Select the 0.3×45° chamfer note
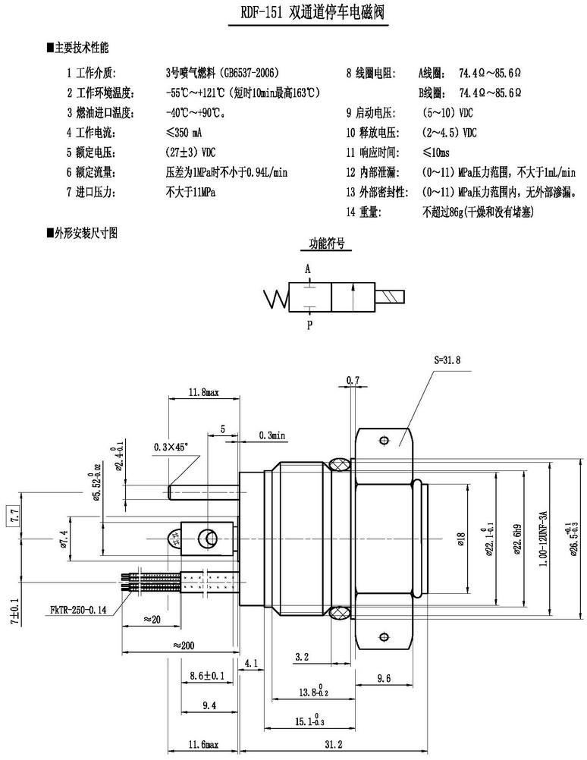click(x=170, y=447)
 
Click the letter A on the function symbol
click(x=308, y=269)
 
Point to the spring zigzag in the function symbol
click(x=276, y=298)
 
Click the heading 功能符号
click(x=326, y=244)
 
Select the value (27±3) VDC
click(x=190, y=152)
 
